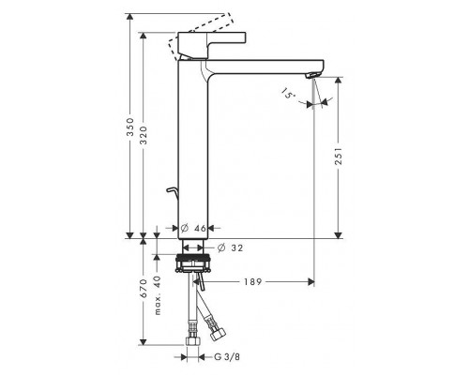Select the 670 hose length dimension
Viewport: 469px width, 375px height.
tap(142, 287)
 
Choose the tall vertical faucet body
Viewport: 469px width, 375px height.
tap(193, 150)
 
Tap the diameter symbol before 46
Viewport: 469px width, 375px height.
tap(185, 228)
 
